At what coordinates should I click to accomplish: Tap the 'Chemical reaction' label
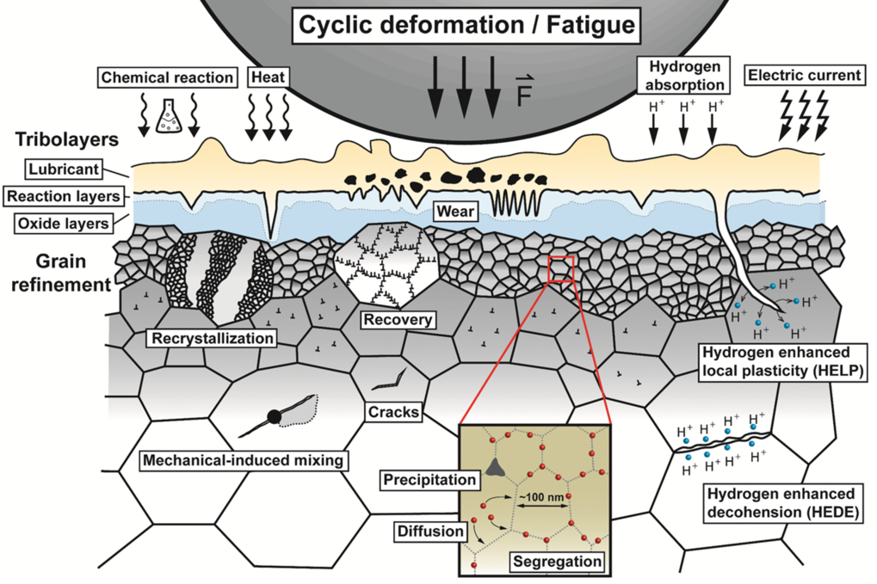pyautogui.click(x=168, y=77)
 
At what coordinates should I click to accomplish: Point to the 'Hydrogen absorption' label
pyautogui.click(x=685, y=75)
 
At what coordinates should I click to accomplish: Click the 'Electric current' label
pyautogui.click(x=804, y=76)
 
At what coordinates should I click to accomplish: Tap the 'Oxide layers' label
pyautogui.click(x=64, y=224)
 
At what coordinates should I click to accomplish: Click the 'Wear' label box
pyautogui.click(x=454, y=210)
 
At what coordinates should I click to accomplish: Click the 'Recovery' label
pyautogui.click(x=397, y=320)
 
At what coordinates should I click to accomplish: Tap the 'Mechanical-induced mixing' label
pyautogui.click(x=244, y=460)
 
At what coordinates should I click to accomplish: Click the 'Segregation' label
pyautogui.click(x=555, y=562)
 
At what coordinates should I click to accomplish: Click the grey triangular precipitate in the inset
pyautogui.click(x=493, y=466)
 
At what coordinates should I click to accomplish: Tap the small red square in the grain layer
pyautogui.click(x=560, y=269)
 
